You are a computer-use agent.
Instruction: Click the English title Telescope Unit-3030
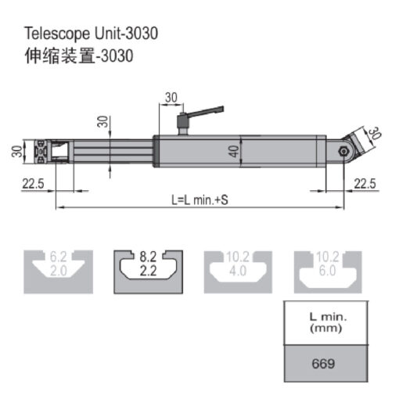[x=92, y=34]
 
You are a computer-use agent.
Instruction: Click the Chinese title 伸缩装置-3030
[x=79, y=56]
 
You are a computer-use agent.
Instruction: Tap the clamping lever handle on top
[x=205, y=112]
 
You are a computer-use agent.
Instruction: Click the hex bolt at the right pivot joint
[x=343, y=151]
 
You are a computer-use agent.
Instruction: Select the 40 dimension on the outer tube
[x=234, y=151]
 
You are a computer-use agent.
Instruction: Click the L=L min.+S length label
[x=199, y=200]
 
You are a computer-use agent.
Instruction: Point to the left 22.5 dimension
[x=33, y=184]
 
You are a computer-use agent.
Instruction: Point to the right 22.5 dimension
[x=365, y=184]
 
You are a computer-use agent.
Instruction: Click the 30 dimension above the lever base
[x=171, y=98]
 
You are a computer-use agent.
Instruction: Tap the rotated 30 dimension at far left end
[x=17, y=152]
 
